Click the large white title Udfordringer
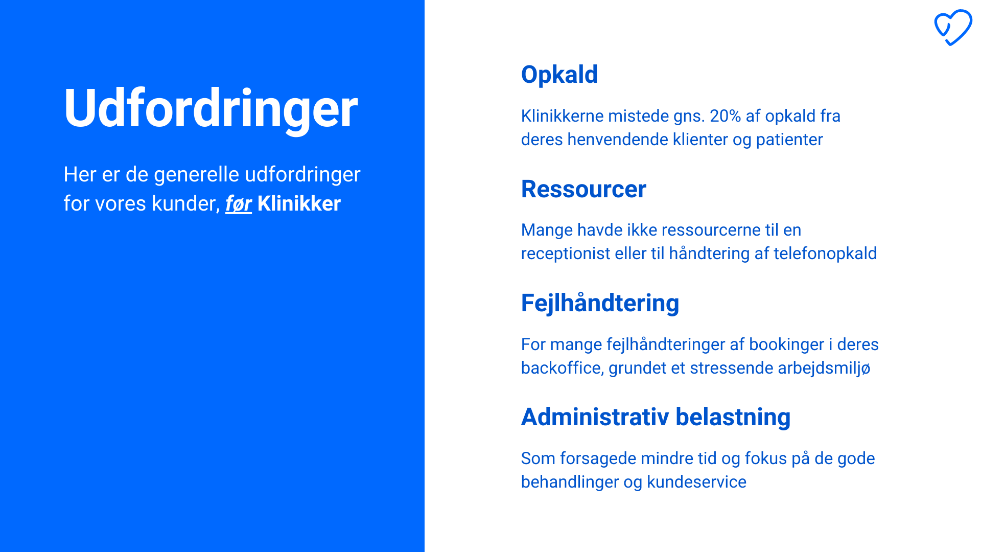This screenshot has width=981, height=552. (x=211, y=109)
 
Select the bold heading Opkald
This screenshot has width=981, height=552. (x=559, y=75)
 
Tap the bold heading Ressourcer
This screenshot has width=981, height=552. (x=583, y=189)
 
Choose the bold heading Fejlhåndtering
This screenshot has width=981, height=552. (x=600, y=304)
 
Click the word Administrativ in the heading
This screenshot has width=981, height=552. (x=595, y=417)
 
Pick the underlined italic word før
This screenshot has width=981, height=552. (x=239, y=203)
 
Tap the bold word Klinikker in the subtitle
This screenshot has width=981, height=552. (x=299, y=203)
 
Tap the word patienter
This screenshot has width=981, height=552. (x=789, y=140)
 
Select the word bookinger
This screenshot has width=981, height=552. (x=786, y=344)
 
